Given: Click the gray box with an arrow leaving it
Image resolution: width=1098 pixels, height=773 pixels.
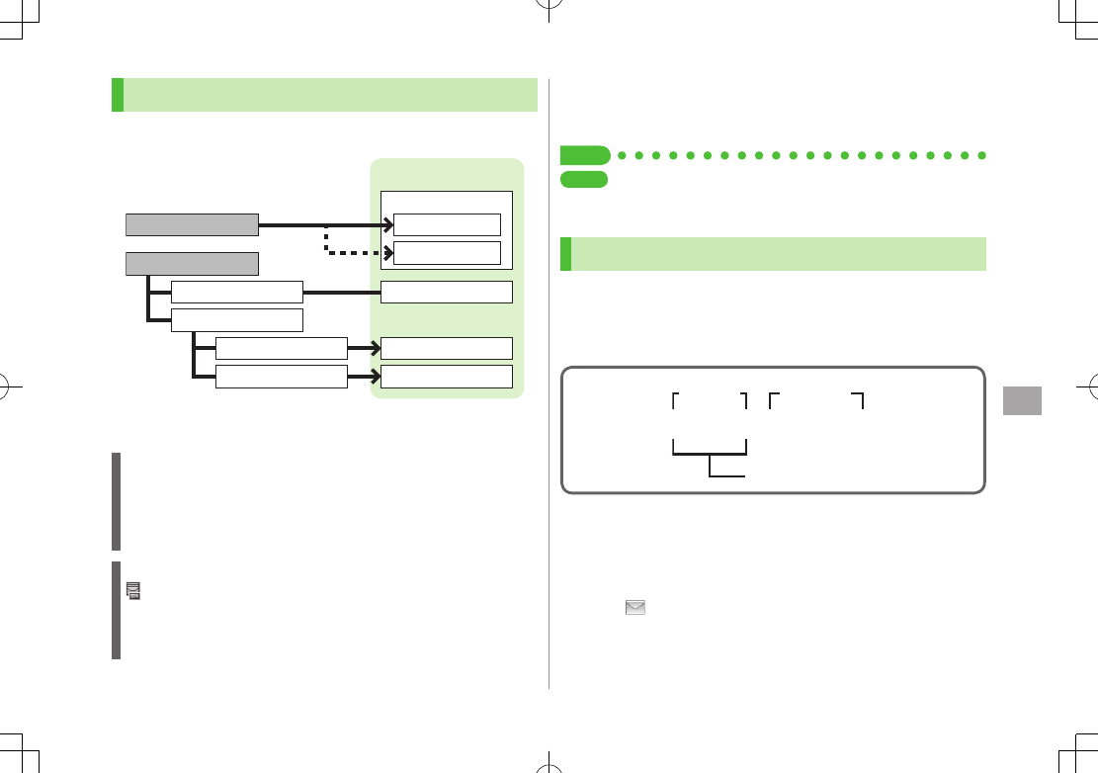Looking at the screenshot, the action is click(x=192, y=224).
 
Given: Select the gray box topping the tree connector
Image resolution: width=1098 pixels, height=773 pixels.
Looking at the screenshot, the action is click(x=192, y=264).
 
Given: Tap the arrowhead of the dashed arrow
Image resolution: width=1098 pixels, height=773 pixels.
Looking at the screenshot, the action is click(x=386, y=252).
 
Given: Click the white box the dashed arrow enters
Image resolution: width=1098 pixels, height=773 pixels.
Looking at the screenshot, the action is click(x=447, y=252).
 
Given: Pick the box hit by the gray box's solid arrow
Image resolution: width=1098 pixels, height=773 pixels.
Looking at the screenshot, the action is click(x=447, y=224).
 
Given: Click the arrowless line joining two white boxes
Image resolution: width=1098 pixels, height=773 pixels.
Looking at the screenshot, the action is click(x=342, y=292).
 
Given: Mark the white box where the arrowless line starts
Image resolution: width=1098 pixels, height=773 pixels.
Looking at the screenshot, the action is click(x=236, y=292).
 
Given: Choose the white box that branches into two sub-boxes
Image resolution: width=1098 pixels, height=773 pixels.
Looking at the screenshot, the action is click(x=236, y=319).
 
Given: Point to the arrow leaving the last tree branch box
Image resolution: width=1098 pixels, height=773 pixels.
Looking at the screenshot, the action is click(x=364, y=377).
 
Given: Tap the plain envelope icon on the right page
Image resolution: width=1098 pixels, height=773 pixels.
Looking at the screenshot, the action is click(x=634, y=609).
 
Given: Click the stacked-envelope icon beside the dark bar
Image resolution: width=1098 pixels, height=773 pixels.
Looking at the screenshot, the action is click(x=133, y=591).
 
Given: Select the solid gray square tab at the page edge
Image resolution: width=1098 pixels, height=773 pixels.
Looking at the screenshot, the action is click(x=1022, y=400).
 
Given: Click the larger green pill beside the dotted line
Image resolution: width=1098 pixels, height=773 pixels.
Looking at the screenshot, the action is click(x=584, y=155).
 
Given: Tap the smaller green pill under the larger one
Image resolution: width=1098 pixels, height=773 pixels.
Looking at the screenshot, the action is click(x=583, y=179).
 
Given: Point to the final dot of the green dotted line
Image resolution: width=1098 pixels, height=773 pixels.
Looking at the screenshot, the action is click(x=982, y=155).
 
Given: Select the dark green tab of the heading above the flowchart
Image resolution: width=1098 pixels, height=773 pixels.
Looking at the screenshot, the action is click(x=118, y=95).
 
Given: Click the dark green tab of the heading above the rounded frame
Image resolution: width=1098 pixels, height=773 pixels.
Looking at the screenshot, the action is click(x=566, y=253).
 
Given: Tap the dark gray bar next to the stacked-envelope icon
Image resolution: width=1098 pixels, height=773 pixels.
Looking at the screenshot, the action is click(x=116, y=610).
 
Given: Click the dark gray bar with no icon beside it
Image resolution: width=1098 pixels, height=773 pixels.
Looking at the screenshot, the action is click(x=116, y=501).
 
